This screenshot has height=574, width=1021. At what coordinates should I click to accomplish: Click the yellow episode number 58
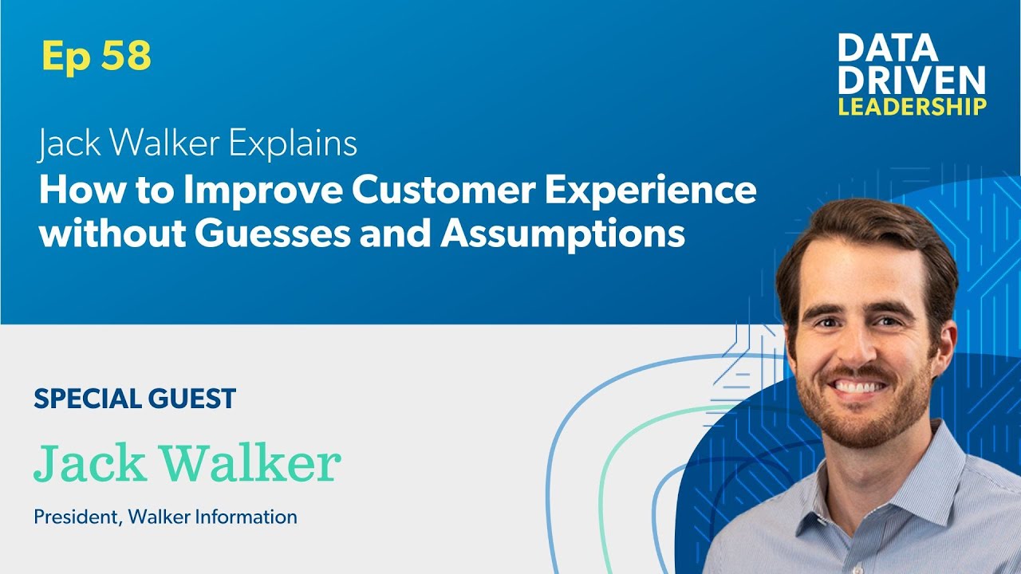tap(125, 57)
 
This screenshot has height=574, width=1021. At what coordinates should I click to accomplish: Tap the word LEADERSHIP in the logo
tap(912, 107)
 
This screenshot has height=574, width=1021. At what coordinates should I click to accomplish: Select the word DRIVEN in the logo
tap(912, 80)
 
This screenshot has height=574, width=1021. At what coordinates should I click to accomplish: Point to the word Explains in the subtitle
tap(294, 144)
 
